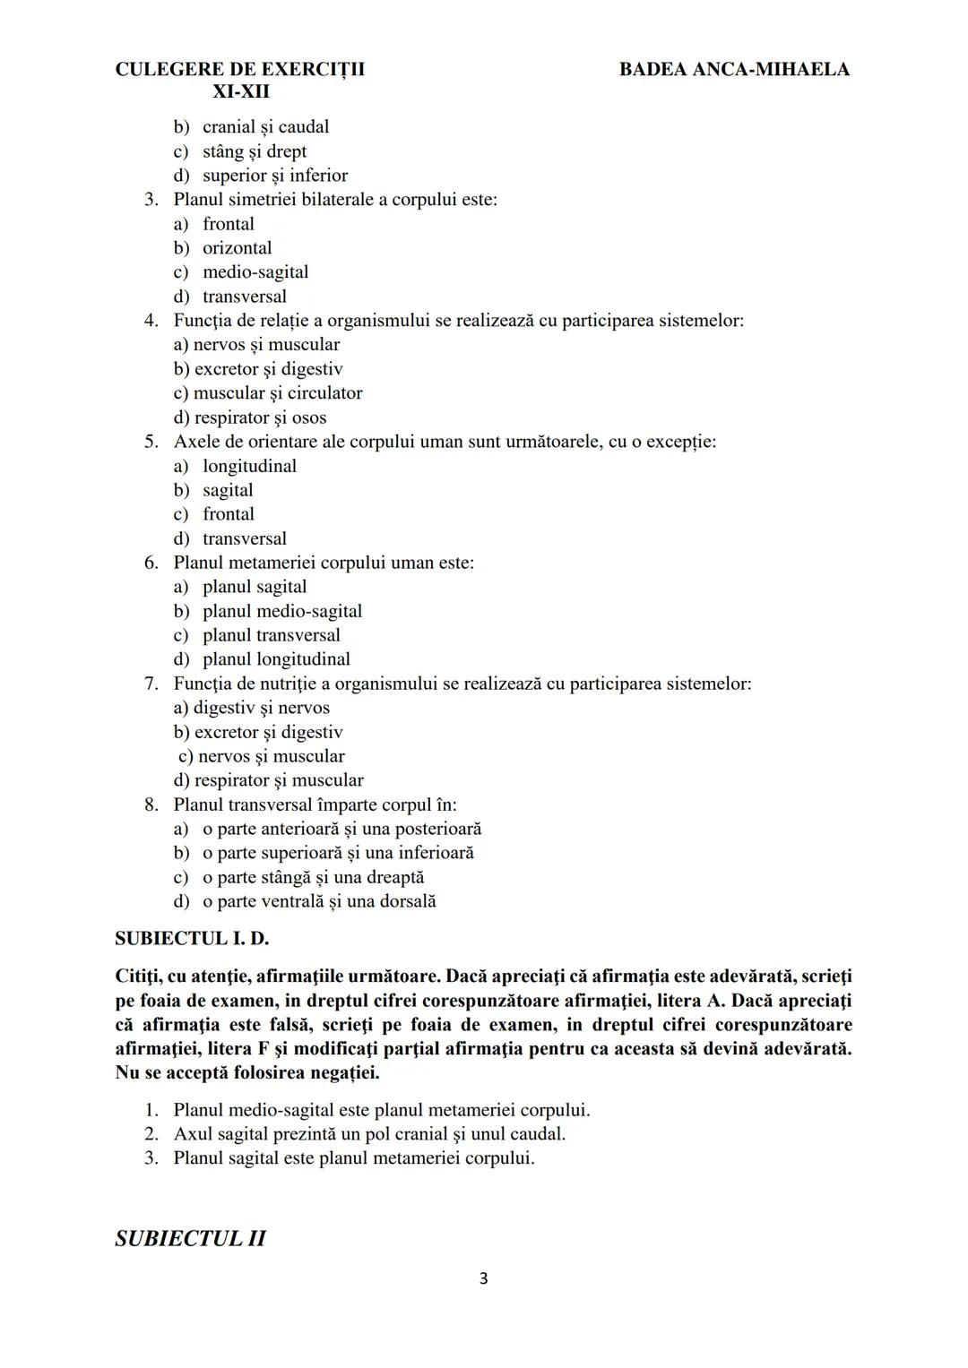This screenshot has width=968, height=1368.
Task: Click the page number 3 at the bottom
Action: [x=483, y=1278]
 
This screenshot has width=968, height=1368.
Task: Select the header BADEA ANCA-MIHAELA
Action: [x=734, y=69]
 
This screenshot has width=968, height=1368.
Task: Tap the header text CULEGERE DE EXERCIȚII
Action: [x=239, y=69]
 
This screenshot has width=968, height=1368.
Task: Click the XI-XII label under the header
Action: [x=241, y=91]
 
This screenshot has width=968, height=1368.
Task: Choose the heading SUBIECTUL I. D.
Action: [x=192, y=938]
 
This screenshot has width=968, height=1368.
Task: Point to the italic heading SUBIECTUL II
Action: [x=190, y=1238]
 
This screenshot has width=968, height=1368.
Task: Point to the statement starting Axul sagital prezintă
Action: [x=369, y=1133]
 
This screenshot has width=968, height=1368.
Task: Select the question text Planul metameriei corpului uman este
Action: [x=324, y=562]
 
